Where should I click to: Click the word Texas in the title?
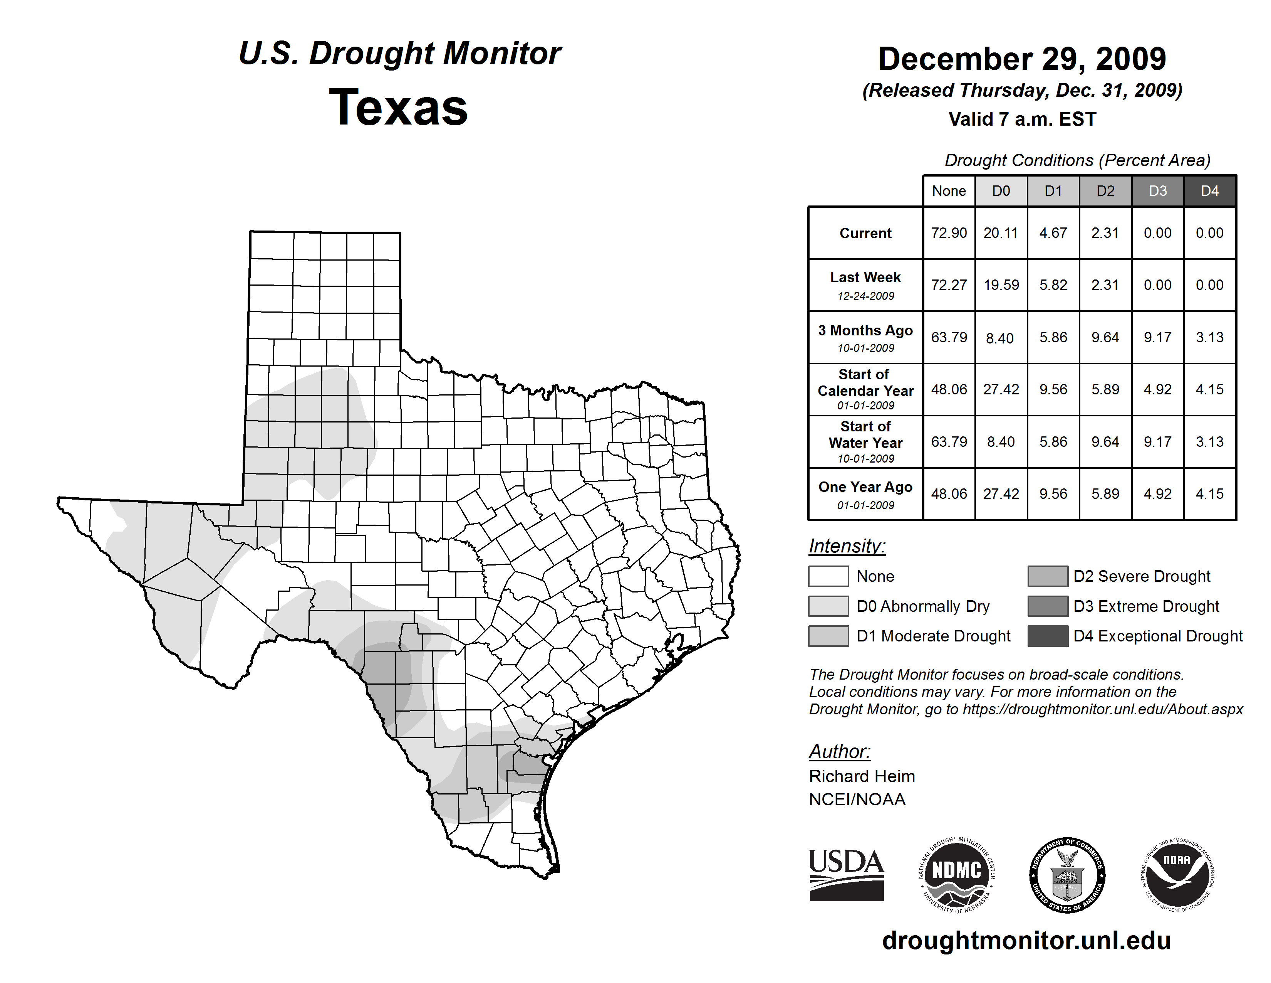398,107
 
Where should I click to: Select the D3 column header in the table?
1157,191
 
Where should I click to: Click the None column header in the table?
949,191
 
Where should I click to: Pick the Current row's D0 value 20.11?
1001,233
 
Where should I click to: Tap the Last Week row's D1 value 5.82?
1053,285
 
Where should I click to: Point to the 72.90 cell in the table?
949,233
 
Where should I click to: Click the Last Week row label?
865,285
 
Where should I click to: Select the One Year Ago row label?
865,494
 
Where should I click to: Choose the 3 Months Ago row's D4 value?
1209,337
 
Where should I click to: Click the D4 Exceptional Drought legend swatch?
1048,636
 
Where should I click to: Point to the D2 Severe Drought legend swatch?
1048,576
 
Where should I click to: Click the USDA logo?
846,875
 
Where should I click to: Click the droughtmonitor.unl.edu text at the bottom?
1026,941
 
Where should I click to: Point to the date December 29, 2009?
1022,59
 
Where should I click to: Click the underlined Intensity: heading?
847,546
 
